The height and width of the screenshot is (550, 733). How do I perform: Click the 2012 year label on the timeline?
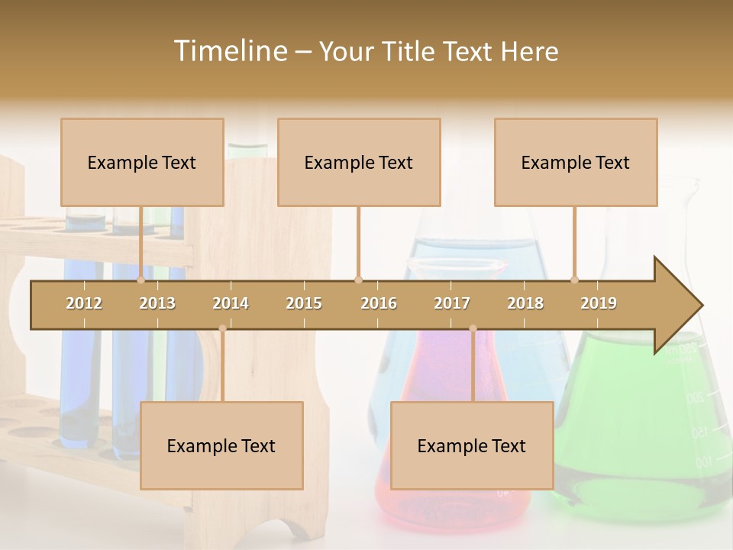point(84,303)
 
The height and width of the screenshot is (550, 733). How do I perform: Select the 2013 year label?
point(157,303)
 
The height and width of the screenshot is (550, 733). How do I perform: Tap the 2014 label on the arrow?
point(231,303)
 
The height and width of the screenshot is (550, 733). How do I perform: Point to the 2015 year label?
point(304,303)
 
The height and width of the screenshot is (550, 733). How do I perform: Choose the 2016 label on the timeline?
point(379,303)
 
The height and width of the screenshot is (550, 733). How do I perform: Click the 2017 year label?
point(452,303)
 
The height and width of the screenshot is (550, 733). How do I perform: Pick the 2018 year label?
point(525,303)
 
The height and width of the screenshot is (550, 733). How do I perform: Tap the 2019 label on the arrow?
point(599,303)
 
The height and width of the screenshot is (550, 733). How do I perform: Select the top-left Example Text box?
point(142,162)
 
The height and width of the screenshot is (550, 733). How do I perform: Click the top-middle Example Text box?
point(359,162)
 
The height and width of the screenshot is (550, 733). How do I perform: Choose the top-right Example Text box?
point(576,162)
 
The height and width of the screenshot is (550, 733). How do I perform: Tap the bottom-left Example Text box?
point(221,445)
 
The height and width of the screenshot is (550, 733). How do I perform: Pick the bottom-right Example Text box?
point(472,445)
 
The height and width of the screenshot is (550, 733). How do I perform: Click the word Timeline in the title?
point(229,51)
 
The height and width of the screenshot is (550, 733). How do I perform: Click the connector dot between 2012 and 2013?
point(140,280)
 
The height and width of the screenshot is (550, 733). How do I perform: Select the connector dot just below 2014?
point(222,328)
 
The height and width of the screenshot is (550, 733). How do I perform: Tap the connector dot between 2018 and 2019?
point(574,280)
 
